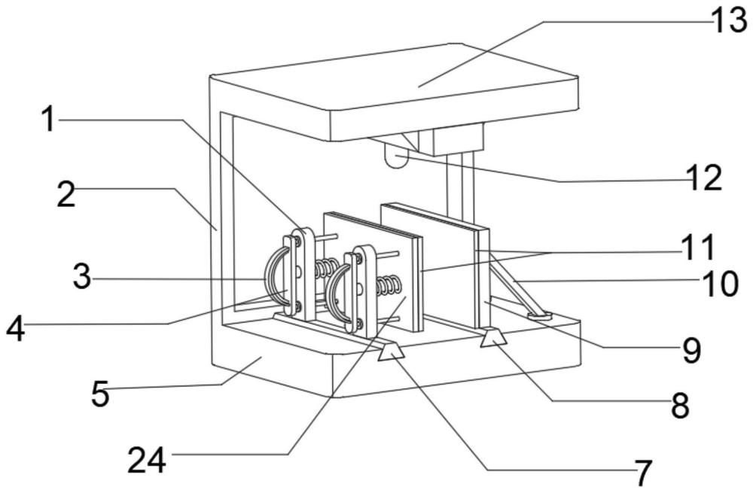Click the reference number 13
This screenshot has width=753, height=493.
point(728,22)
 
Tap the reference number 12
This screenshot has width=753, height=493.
point(704,178)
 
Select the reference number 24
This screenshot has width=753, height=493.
point(147,460)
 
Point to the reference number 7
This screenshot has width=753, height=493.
point(643,473)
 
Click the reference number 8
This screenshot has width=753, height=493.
point(680,406)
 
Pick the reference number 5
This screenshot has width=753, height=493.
point(100,394)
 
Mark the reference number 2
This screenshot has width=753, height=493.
point(66,195)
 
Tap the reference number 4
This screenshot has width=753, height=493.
point(15,330)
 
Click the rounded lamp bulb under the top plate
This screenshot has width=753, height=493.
point(397,157)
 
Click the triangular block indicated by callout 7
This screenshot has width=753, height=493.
point(392,352)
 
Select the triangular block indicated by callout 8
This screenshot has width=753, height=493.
point(493,336)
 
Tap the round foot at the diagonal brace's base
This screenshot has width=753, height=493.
point(540,315)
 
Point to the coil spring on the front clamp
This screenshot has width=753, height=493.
point(388,285)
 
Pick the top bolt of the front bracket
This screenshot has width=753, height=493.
point(358,259)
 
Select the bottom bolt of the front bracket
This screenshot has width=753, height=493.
point(358,323)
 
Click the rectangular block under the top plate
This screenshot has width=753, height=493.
point(458,140)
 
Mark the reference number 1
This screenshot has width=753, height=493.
point(48,119)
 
